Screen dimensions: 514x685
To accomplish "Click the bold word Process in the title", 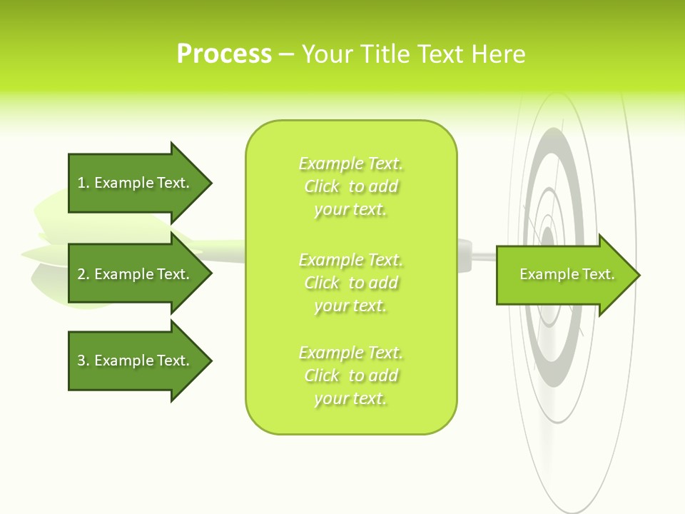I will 224,54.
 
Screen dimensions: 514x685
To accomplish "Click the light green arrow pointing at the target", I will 564,275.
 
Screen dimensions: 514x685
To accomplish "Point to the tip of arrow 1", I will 210,183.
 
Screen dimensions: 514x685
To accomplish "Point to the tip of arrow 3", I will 210,361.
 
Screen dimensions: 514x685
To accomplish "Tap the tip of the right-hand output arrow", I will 639,275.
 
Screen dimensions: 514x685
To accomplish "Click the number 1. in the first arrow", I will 83,183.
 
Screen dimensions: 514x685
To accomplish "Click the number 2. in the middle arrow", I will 83,274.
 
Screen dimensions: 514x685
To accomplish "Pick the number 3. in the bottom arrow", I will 83,361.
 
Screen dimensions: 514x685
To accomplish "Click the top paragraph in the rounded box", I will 351,186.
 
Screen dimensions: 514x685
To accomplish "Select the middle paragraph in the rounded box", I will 351,283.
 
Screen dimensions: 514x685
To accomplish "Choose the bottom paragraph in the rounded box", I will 351,376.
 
